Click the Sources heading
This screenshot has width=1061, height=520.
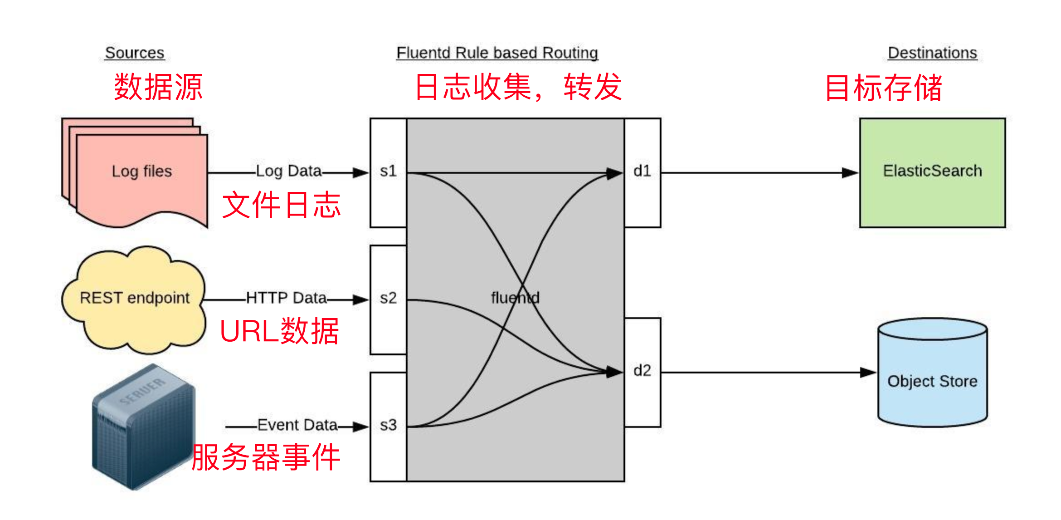click(135, 53)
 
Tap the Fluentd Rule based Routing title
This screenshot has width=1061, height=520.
click(497, 53)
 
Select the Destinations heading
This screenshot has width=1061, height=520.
click(932, 53)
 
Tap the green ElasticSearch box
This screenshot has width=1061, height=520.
click(932, 172)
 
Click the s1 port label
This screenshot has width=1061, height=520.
click(388, 171)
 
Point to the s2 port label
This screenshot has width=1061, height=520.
click(388, 298)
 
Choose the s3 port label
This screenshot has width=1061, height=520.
click(388, 425)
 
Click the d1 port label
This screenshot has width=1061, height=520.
click(642, 171)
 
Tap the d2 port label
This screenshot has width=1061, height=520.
click(642, 371)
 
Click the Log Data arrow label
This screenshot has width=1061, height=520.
click(289, 171)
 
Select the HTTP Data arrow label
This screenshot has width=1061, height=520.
click(286, 298)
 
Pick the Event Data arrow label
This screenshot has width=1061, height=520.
click(297, 425)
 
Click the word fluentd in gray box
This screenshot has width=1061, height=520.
click(515, 298)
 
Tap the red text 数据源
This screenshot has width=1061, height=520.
click(158, 87)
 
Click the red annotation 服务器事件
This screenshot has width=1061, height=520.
click(266, 457)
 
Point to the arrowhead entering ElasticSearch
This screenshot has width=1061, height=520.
click(850, 173)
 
